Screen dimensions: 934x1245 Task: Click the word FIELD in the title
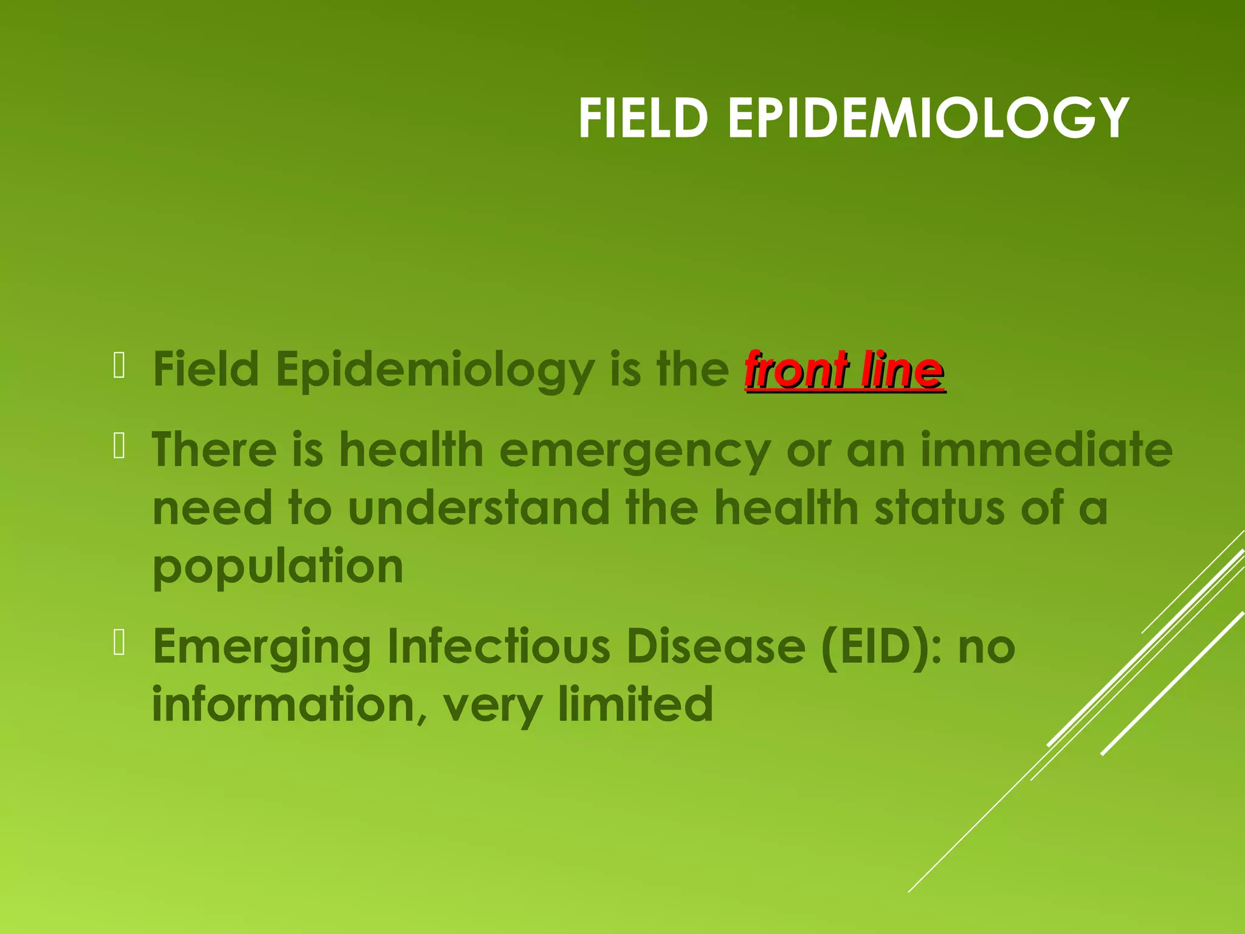643,119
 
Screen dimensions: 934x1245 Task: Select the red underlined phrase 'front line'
844,370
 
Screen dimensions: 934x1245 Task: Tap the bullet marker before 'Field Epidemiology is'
119,367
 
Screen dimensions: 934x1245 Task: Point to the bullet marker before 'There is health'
119,447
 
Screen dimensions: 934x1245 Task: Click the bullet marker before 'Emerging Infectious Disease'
119,644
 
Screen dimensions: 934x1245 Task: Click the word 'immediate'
1046,450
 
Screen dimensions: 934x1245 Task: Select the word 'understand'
479,508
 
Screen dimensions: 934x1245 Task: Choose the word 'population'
278,567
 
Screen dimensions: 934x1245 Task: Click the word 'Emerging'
262,648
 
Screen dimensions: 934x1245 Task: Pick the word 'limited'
635,704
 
